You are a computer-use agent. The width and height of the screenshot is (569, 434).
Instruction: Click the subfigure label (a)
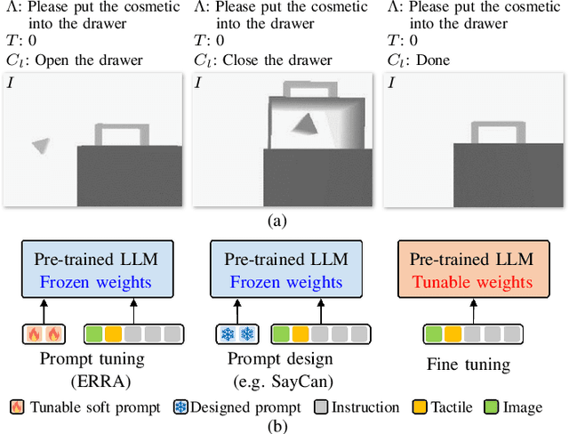pos(284,221)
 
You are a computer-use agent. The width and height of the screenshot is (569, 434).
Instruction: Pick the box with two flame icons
pos(44,334)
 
